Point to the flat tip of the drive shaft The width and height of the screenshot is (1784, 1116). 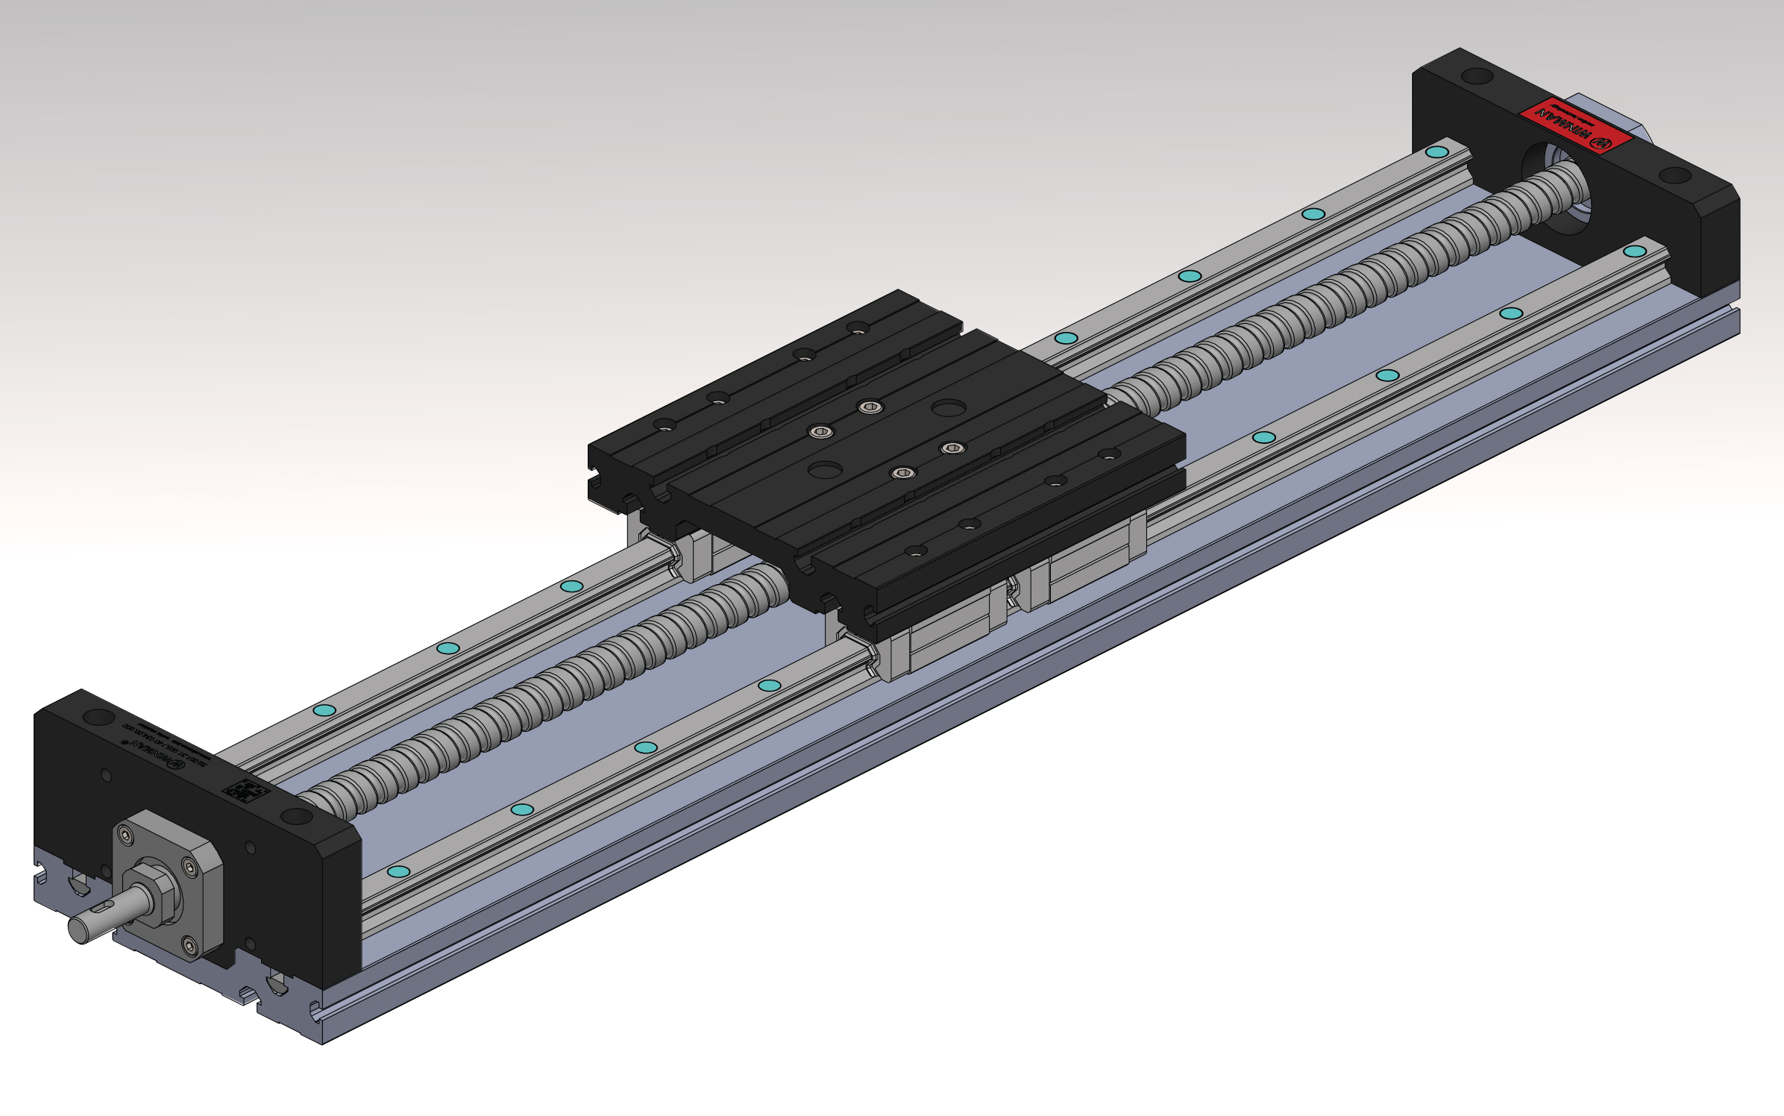(77, 930)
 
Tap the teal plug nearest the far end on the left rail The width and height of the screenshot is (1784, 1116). (1436, 152)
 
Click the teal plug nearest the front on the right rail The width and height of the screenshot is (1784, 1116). (399, 871)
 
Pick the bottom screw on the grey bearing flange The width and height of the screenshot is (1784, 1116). (189, 947)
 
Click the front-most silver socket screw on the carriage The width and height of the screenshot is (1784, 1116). (903, 472)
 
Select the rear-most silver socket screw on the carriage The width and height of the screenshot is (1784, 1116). (870, 407)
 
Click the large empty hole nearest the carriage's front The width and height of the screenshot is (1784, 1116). (825, 470)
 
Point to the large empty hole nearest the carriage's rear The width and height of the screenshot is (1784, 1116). (949, 407)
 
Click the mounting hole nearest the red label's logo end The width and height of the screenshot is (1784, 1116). (1675, 176)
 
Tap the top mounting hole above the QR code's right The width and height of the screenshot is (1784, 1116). (297, 816)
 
